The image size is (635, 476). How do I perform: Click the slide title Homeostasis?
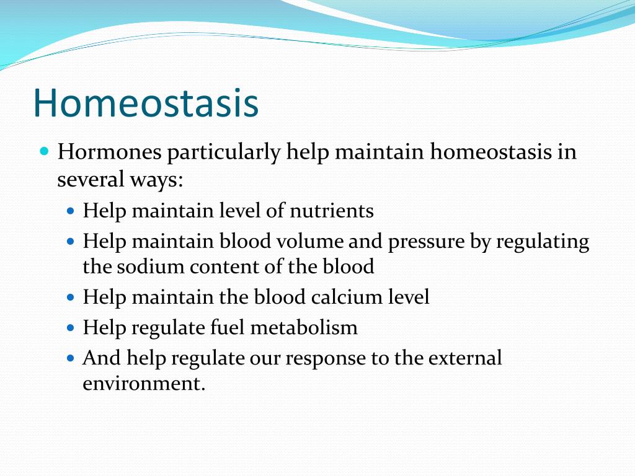pyautogui.click(x=146, y=103)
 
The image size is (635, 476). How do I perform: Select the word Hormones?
pyautogui.click(x=109, y=152)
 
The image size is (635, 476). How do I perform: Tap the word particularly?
pyautogui.click(x=223, y=153)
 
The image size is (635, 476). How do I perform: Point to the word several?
pyautogui.click(x=91, y=179)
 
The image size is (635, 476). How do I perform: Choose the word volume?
pyautogui.click(x=309, y=241)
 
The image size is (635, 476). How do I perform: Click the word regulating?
pyautogui.click(x=543, y=242)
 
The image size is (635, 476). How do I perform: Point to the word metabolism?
pyautogui.click(x=304, y=327)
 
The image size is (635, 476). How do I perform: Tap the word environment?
pyautogui.click(x=144, y=383)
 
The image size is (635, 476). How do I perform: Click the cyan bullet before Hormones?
pyautogui.click(x=45, y=152)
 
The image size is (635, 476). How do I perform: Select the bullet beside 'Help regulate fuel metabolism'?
pyautogui.click(x=71, y=327)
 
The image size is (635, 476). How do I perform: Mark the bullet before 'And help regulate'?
pyautogui.click(x=71, y=358)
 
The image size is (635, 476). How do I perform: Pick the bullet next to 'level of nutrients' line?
pyautogui.click(x=71, y=211)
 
